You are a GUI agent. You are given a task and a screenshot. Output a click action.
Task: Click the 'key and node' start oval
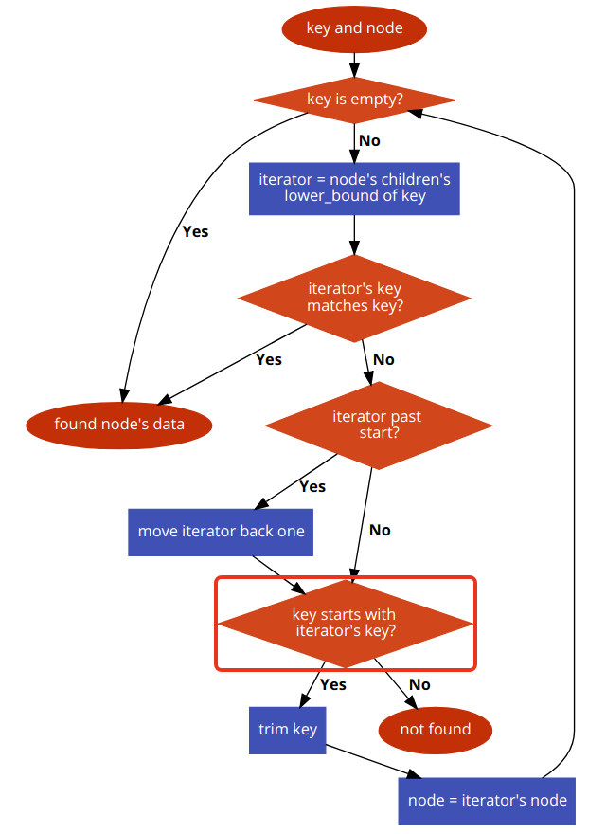point(354,28)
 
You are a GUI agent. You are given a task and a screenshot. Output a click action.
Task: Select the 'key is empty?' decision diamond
point(354,100)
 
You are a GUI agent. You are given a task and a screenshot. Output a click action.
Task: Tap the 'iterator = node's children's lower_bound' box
point(354,188)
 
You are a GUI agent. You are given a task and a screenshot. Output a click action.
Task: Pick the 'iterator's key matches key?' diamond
point(354,298)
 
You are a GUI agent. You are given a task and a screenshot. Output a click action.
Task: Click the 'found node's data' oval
point(118,424)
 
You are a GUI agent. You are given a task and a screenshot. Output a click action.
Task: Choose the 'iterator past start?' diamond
point(378,426)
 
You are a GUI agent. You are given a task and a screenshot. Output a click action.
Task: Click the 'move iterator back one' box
point(221,531)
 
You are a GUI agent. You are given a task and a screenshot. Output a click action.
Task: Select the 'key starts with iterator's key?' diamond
point(345,623)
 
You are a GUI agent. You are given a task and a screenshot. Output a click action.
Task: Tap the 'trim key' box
point(287,729)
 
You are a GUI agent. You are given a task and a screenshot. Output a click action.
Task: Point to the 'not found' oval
point(436,729)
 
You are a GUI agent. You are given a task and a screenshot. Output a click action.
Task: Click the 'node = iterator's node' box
point(487,800)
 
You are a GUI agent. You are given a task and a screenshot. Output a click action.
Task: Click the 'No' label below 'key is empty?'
point(369,140)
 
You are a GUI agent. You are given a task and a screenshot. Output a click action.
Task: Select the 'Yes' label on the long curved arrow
point(195,231)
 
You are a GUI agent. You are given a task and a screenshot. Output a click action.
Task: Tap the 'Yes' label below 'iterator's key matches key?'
point(269,359)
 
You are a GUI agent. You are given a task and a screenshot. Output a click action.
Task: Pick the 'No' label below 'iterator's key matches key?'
point(383,359)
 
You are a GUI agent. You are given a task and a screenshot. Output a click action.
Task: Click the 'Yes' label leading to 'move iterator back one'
point(312,486)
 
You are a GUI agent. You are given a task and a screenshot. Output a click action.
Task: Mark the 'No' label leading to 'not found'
point(419,684)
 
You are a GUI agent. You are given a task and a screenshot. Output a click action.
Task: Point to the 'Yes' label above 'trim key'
point(333,684)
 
